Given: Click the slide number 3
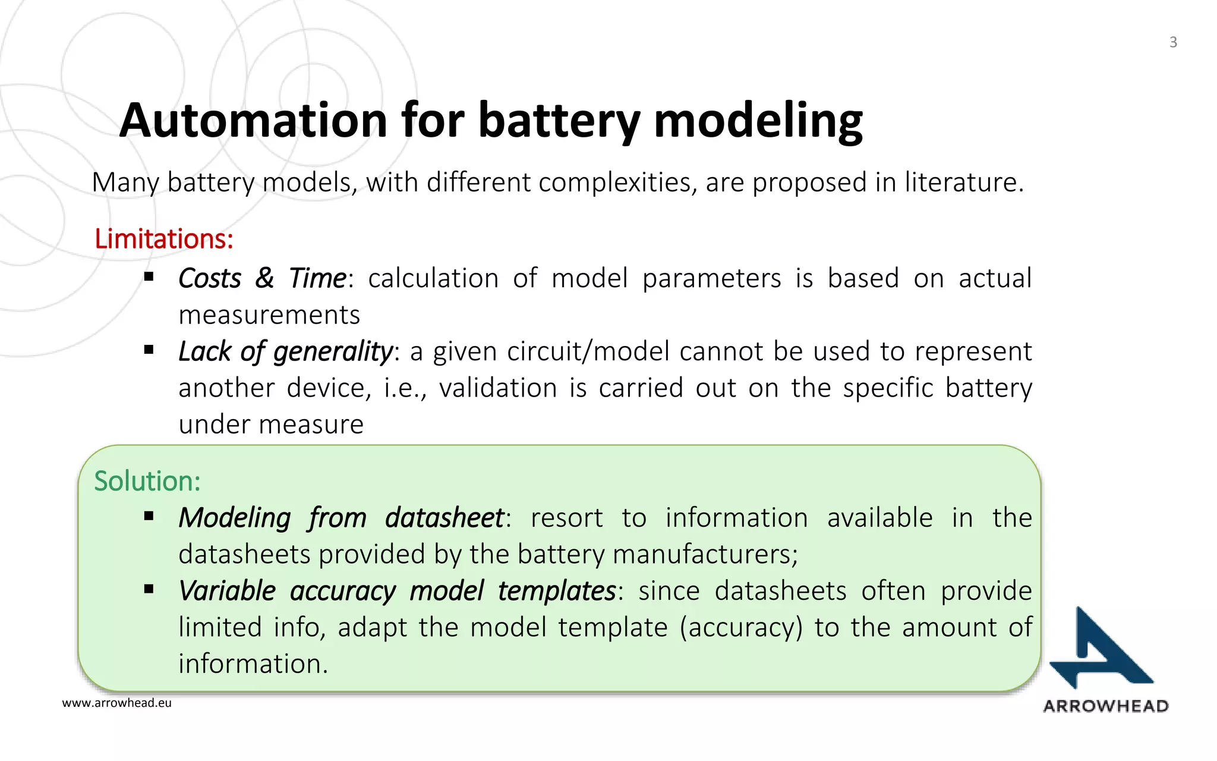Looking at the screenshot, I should coord(1173,42).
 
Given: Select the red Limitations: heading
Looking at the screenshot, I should coord(163,239).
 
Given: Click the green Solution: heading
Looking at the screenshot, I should coord(147,481).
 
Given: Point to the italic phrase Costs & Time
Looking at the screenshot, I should coord(262,278).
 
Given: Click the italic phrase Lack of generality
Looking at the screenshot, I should coord(285,351).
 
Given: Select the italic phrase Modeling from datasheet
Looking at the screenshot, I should coord(342,518).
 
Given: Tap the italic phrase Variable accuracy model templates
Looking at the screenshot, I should coord(397,591).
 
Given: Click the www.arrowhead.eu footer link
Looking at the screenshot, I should coord(116,703).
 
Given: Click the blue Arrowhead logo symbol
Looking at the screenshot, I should coord(1099,650).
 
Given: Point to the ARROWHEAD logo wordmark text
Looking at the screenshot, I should coord(1106,706).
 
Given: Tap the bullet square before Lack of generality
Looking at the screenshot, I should coord(149,350).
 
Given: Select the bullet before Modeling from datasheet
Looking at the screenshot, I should coord(149,517).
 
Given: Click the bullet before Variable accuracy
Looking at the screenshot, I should coord(149,590).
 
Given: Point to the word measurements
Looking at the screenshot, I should coord(269,315).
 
